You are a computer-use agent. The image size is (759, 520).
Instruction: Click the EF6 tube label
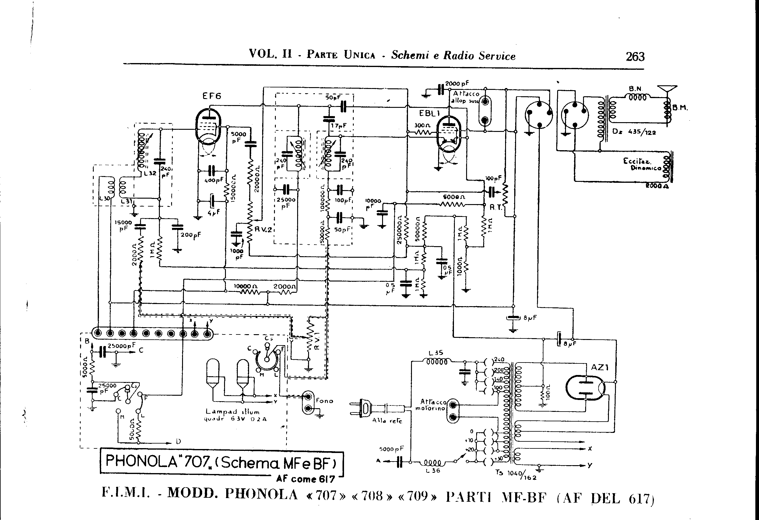(x=212, y=96)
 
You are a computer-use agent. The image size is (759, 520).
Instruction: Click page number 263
(x=635, y=57)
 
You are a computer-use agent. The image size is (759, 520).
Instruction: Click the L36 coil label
(x=433, y=471)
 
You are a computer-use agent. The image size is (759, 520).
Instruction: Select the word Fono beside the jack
(x=324, y=401)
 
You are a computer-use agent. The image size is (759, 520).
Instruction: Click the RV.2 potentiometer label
(x=263, y=229)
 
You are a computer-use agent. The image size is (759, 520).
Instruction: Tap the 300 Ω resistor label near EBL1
(x=422, y=125)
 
